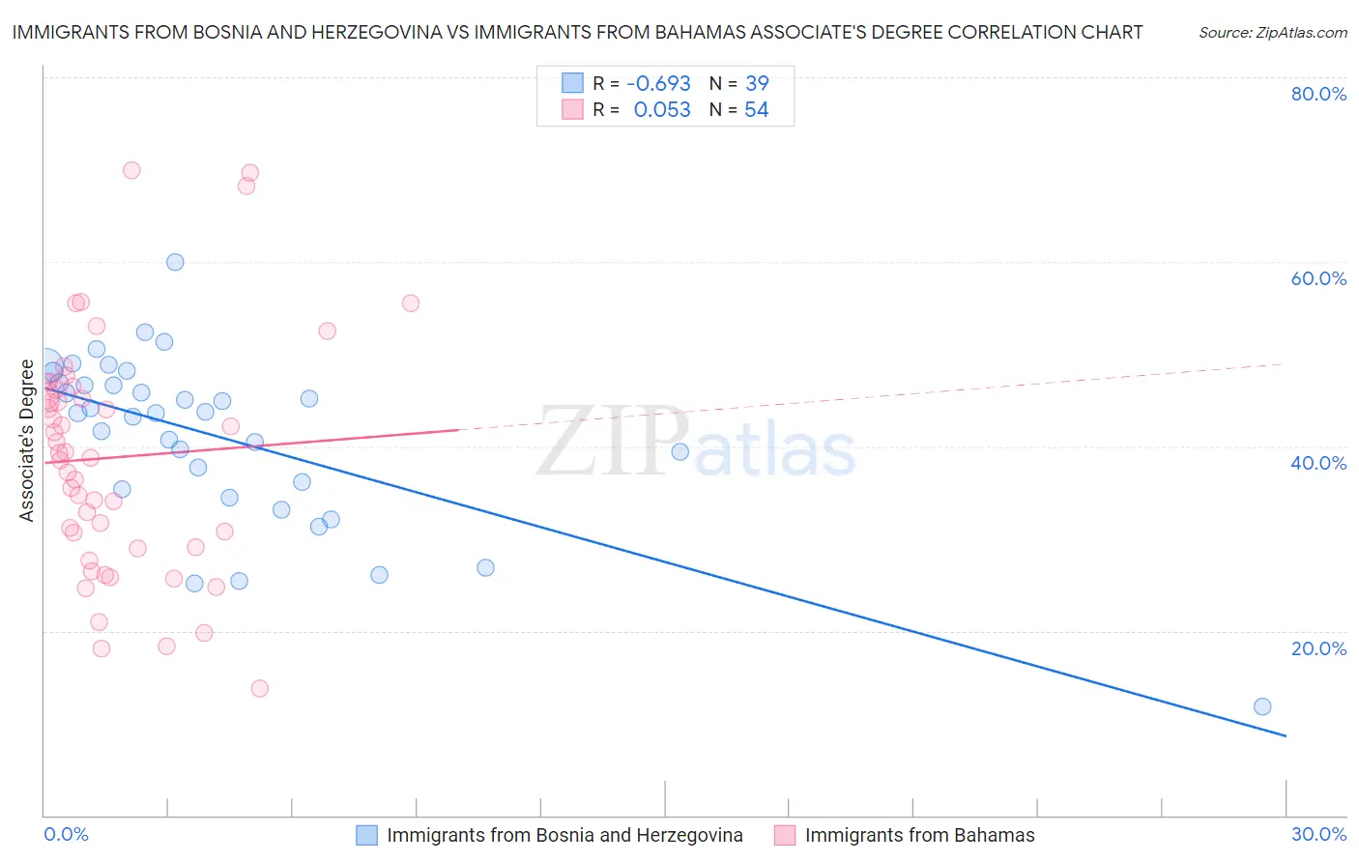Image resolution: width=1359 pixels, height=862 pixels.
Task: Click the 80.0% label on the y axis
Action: click(x=1318, y=94)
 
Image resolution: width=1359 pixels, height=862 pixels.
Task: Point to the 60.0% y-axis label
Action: click(x=1318, y=278)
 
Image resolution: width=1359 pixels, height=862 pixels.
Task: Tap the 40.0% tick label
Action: click(x=1318, y=463)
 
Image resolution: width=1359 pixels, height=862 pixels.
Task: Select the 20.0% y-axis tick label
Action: click(x=1318, y=648)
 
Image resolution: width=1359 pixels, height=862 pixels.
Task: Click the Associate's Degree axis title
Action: click(x=27, y=441)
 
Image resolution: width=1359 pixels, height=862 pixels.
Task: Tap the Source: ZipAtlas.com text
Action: click(x=1272, y=33)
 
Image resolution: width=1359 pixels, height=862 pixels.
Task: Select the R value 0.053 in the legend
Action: click(x=661, y=110)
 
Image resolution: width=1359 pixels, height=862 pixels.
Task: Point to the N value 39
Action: click(x=757, y=84)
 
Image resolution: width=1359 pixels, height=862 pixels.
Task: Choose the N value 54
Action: click(x=757, y=110)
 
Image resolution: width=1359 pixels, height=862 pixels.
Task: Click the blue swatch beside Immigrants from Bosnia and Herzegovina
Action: click(x=366, y=836)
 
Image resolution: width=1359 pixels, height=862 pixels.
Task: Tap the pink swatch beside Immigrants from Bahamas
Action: click(x=785, y=836)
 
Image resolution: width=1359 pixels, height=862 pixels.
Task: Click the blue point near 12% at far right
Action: click(x=1261, y=706)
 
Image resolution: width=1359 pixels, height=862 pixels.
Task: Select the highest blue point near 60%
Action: click(x=175, y=262)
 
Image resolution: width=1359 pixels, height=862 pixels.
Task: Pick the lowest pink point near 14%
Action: click(x=259, y=688)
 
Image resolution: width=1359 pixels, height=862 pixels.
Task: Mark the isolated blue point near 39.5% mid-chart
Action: click(x=679, y=451)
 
